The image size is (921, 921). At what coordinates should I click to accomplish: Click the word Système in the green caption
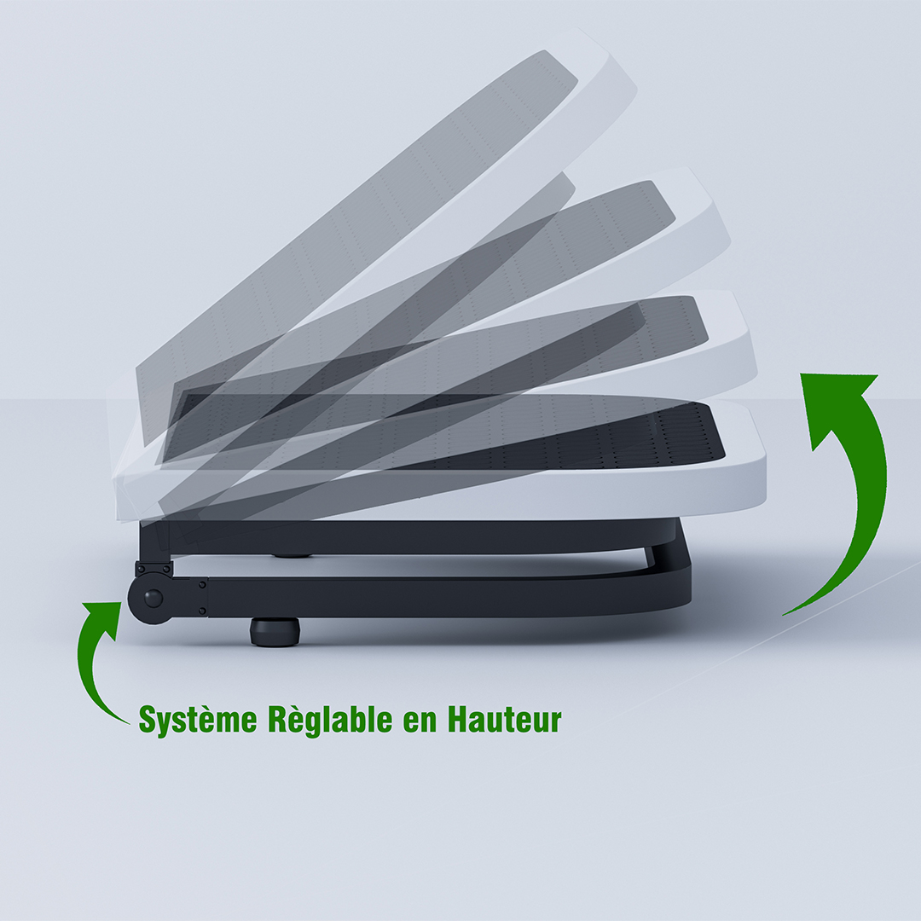pyautogui.click(x=198, y=719)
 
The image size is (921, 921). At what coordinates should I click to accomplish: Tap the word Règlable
pyautogui.click(x=330, y=719)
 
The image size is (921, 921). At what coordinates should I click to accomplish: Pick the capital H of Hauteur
pyautogui.click(x=460, y=718)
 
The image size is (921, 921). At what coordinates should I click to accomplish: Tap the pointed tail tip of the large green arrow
pyautogui.click(x=784, y=615)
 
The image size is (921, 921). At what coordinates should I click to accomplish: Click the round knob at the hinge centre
pyautogui.click(x=153, y=599)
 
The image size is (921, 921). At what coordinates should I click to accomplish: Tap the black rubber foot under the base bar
pyautogui.click(x=275, y=631)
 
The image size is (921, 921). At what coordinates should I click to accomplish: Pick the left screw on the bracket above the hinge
pyautogui.click(x=139, y=568)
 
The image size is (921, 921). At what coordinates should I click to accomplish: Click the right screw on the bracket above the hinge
pyautogui.click(x=169, y=568)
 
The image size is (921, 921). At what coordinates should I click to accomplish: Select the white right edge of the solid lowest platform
pyautogui.click(x=758, y=458)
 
